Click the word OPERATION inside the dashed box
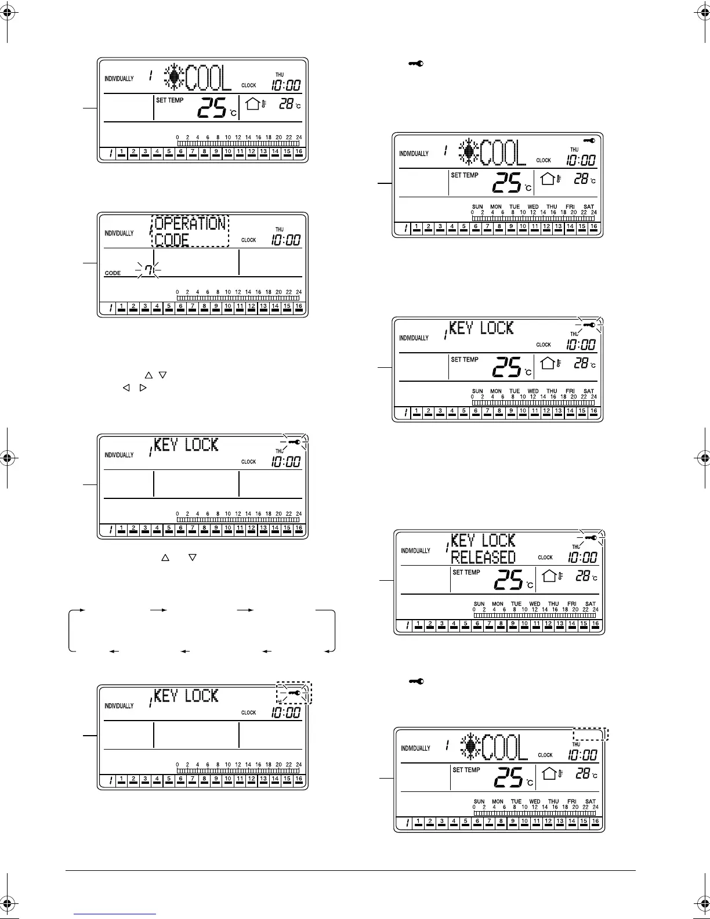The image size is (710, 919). tap(190, 223)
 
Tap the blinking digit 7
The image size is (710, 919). tap(148, 270)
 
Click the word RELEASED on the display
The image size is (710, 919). tap(483, 558)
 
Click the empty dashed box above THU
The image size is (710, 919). tap(590, 734)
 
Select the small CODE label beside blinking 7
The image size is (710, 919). tap(113, 273)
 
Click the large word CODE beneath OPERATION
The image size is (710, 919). tap(172, 240)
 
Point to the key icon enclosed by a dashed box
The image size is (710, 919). tap(295, 693)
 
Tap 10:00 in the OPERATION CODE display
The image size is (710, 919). tap(287, 240)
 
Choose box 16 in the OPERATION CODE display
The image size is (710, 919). tap(299, 306)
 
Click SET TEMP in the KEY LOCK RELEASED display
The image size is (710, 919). tap(466, 573)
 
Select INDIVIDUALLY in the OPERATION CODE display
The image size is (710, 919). tap(119, 233)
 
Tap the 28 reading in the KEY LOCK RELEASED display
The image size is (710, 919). tap(582, 576)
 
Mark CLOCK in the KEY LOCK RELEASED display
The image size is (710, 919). tap(545, 558)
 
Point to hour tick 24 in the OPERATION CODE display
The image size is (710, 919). tap(299, 292)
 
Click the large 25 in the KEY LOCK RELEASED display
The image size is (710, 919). tap(508, 578)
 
